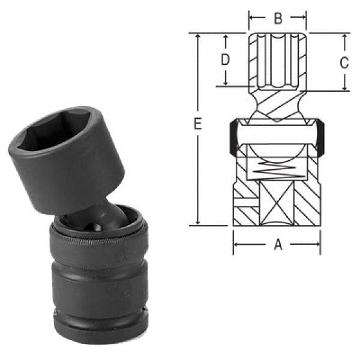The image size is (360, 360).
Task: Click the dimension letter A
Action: (x=277, y=244)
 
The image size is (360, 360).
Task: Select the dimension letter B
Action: (x=277, y=18)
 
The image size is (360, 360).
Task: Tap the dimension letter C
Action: (x=344, y=62)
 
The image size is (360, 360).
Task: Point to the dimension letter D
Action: (x=225, y=59)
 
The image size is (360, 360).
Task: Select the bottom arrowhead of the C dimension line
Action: (x=344, y=87)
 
